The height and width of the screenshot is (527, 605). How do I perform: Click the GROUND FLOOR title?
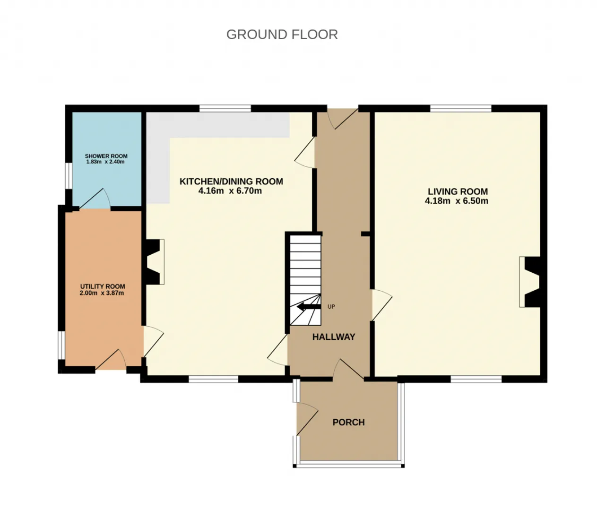click(282, 35)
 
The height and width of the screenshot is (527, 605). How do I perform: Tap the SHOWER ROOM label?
click(106, 156)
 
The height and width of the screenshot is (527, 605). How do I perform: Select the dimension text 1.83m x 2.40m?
click(105, 162)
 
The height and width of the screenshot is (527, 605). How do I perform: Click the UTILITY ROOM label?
click(103, 286)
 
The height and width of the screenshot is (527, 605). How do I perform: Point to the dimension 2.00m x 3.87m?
click(102, 293)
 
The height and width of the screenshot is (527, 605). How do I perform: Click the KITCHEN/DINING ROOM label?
click(231, 181)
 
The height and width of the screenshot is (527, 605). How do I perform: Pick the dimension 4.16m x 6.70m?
click(230, 191)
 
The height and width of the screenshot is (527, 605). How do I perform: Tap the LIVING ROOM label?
click(458, 191)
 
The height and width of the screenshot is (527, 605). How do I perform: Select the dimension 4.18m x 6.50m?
click(457, 201)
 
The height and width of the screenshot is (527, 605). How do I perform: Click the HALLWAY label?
click(334, 337)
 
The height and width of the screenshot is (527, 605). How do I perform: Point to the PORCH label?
click(349, 423)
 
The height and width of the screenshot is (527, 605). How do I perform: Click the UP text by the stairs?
click(331, 306)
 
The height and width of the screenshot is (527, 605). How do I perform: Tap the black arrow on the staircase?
click(309, 306)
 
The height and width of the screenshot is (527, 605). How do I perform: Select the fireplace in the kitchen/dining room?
click(153, 262)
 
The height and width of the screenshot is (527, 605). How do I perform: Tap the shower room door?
click(95, 199)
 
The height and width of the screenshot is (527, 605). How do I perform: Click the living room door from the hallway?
click(381, 304)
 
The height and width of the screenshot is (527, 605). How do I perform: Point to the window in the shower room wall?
click(69, 175)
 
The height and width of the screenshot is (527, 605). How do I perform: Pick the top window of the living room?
click(461, 109)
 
